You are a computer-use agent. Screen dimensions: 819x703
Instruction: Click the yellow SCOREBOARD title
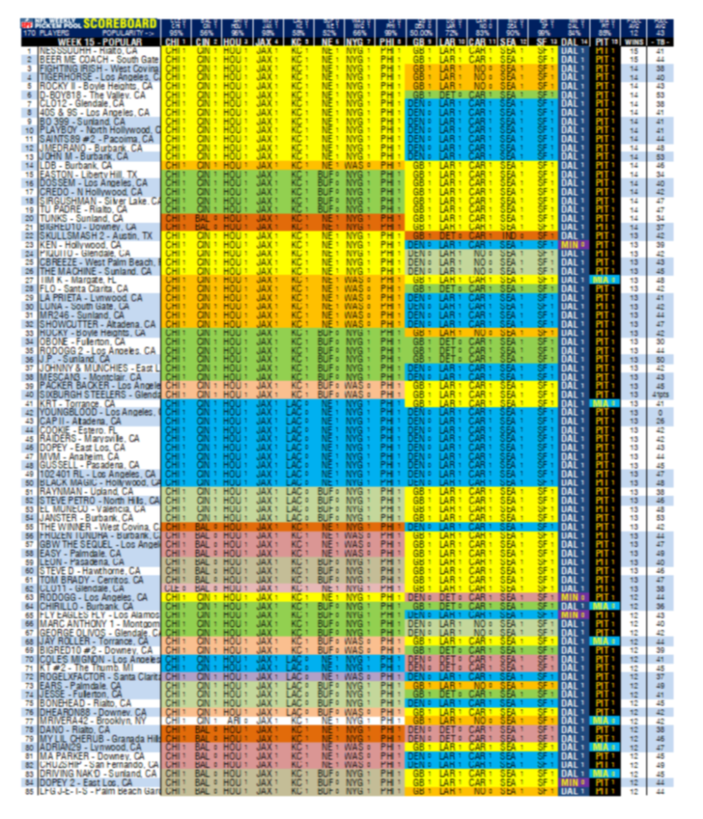click(119, 24)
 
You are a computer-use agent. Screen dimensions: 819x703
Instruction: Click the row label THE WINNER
click(76, 527)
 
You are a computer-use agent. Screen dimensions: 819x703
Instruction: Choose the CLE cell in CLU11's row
click(171, 588)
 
